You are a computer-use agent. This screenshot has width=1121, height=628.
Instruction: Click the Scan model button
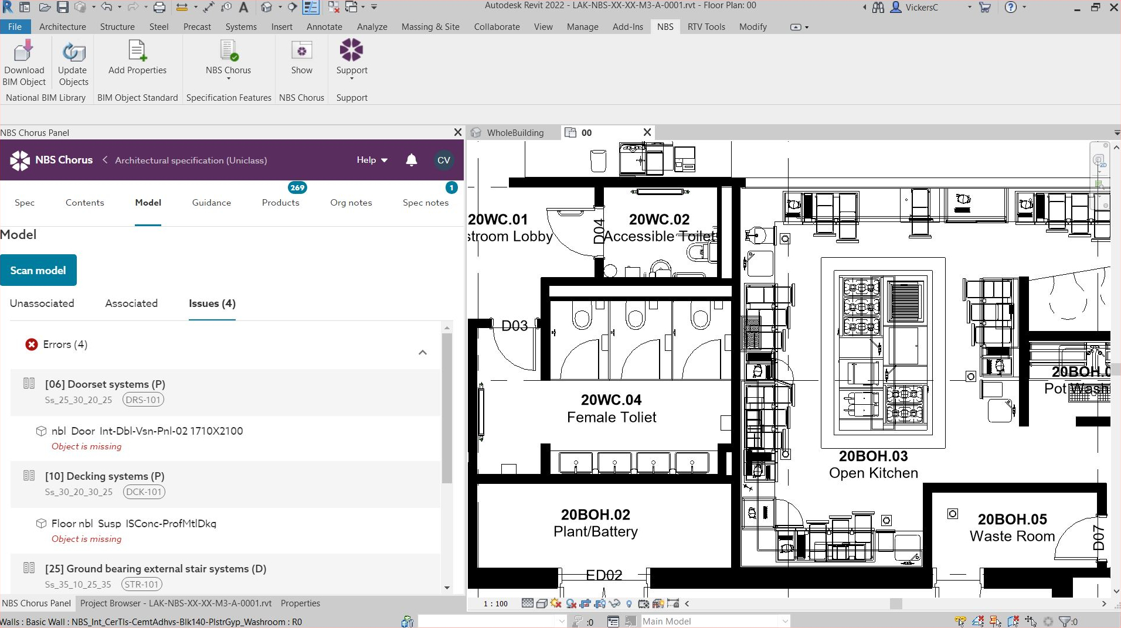[x=38, y=270]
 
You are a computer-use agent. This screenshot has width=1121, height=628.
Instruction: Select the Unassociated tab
[x=42, y=303]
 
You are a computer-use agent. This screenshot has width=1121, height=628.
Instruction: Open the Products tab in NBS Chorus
[x=280, y=203]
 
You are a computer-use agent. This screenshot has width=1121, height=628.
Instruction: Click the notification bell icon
[x=412, y=160]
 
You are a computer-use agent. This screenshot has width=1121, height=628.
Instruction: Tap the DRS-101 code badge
[x=143, y=400]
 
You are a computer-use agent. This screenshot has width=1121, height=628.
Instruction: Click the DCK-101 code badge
[x=144, y=492]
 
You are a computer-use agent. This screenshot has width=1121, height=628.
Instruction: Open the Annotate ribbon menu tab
[x=324, y=27]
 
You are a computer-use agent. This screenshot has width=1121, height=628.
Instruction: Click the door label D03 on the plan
[x=514, y=326]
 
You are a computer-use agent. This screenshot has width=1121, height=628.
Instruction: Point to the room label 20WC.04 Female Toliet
[x=611, y=408]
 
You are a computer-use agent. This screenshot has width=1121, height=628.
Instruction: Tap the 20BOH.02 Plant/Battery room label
[x=595, y=523]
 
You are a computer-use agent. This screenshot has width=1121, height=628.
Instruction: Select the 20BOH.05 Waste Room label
[x=1012, y=527]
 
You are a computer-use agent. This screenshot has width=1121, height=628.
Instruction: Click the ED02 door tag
[x=604, y=575]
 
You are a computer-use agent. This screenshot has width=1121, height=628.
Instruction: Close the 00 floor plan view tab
[x=647, y=132]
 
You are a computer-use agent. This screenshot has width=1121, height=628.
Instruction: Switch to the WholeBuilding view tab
[x=515, y=133]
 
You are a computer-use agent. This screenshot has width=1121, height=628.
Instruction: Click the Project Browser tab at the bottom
[x=175, y=603]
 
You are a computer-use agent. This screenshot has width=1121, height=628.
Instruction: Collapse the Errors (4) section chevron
[x=423, y=353]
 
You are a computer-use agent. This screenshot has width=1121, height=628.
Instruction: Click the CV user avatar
[x=444, y=160]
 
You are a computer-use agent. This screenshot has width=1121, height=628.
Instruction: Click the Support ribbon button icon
[x=351, y=51]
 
